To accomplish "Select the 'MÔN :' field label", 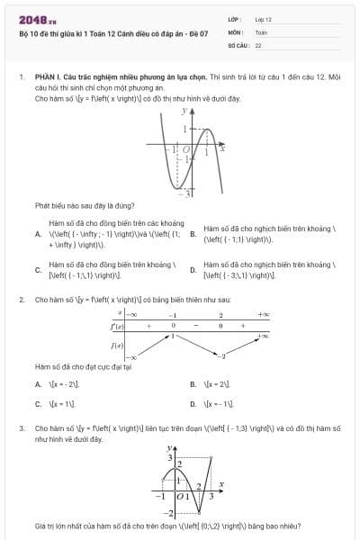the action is [x=237, y=31].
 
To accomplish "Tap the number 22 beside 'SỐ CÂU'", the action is [x=258, y=43].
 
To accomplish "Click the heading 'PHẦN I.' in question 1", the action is [x=47, y=78].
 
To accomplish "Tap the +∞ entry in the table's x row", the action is [x=263, y=315].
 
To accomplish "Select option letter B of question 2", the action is [x=193, y=383].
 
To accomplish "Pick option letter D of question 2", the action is [x=193, y=404].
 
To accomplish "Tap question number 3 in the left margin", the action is [x=22, y=428].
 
